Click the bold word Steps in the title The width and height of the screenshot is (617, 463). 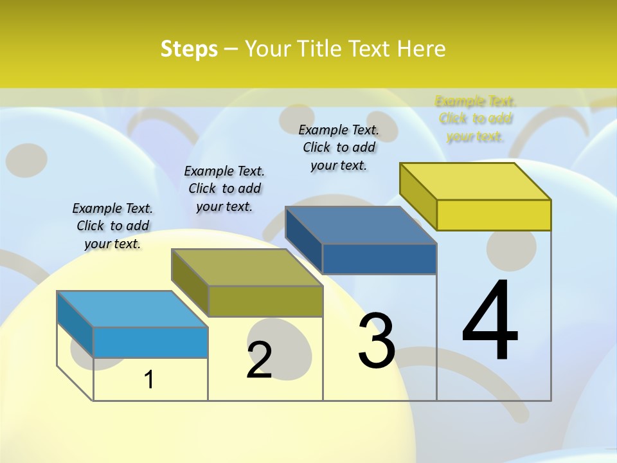[188, 49]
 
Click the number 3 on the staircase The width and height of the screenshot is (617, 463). [377, 340]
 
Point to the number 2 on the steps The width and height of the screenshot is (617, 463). [259, 360]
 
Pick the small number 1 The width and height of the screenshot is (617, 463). [149, 379]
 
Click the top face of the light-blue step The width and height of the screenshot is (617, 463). [132, 309]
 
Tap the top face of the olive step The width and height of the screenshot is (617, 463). [247, 267]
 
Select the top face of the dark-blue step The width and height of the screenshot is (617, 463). [361, 225]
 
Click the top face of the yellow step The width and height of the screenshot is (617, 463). [476, 181]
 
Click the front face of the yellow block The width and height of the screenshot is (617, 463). [494, 215]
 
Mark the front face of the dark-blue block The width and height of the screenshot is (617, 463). [379, 259]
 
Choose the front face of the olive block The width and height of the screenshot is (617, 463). [265, 301]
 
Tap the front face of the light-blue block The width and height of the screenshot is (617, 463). [150, 342]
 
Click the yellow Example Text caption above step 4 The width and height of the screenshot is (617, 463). [476, 119]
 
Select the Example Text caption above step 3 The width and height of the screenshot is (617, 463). [339, 147]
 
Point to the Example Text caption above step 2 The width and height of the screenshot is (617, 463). [224, 188]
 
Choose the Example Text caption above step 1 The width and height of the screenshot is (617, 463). [112, 226]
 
